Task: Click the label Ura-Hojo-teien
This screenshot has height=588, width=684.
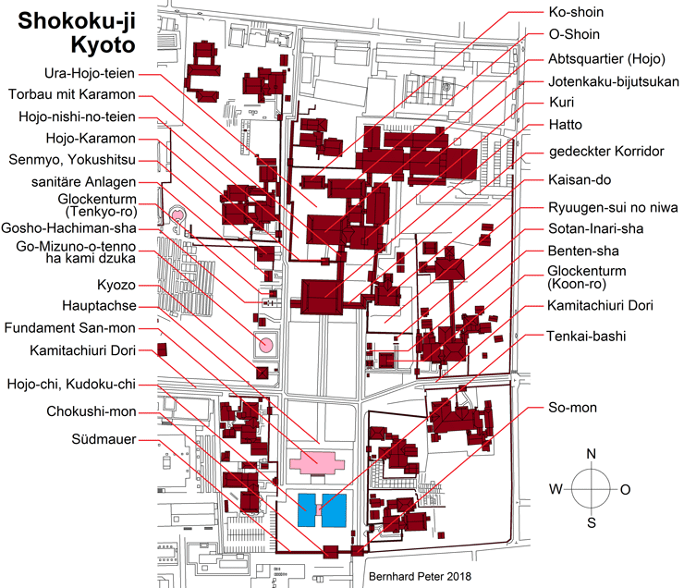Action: (x=96, y=73)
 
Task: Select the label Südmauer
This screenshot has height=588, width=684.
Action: (x=104, y=439)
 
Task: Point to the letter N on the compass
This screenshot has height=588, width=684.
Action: (x=591, y=454)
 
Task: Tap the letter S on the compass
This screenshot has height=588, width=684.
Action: (x=591, y=523)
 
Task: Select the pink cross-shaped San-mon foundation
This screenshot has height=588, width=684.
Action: (x=316, y=458)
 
